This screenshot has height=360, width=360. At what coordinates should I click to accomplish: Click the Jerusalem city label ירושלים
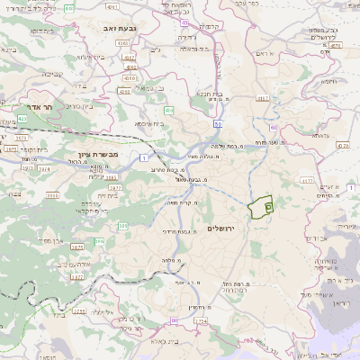[220, 229]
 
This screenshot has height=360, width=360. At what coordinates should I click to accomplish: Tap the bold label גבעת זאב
[119, 29]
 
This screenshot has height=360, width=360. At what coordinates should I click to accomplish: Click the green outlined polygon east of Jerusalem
[261, 208]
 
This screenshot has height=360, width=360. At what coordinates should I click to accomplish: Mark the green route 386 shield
[99, 241]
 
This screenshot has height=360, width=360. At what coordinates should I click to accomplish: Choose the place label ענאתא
[321, 136]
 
